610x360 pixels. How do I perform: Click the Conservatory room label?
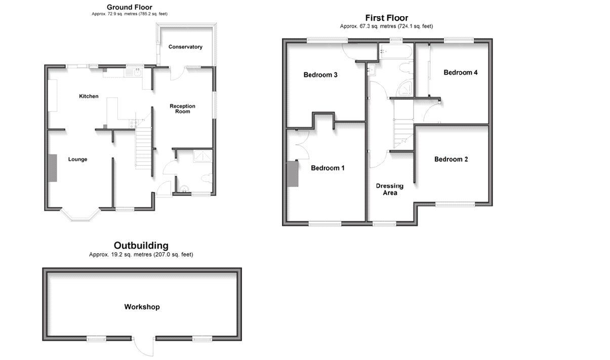(x=185, y=47)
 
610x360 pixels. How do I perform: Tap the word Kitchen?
(x=89, y=96)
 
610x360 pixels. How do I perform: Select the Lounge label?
(x=77, y=159)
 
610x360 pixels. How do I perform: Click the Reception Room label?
(x=182, y=109)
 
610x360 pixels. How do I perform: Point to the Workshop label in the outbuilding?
(x=142, y=307)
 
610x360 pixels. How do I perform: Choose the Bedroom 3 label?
(x=320, y=75)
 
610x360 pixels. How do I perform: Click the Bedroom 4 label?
(x=460, y=72)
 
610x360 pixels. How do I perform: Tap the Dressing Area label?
(x=390, y=189)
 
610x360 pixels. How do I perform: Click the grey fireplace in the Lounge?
(x=53, y=168)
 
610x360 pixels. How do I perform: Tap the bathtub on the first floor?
(x=396, y=51)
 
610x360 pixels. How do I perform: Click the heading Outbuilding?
(x=141, y=246)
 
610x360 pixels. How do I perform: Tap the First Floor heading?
(x=386, y=18)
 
